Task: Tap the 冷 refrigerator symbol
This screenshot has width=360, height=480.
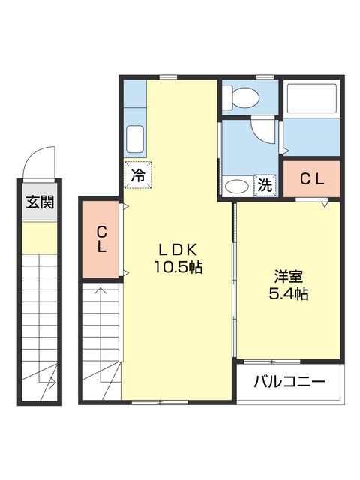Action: tap(138, 175)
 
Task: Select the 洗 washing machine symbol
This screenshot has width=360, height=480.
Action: tap(265, 185)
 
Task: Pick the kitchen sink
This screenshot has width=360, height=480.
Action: tap(136, 138)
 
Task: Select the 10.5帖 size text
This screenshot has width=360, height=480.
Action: tap(178, 267)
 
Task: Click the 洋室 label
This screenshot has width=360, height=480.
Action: tap(288, 275)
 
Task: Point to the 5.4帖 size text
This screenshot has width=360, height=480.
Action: tap(288, 294)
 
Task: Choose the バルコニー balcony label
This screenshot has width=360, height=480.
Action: tap(288, 382)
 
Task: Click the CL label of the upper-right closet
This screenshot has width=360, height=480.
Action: tap(311, 179)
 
